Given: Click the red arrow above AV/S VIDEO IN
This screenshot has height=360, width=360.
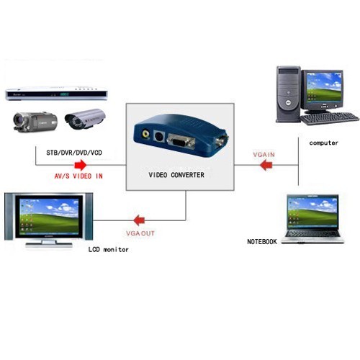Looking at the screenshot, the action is [x=81, y=165].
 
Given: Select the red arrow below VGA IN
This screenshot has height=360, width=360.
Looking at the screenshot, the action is [x=266, y=166].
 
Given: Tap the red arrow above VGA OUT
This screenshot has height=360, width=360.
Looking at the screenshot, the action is [x=139, y=220].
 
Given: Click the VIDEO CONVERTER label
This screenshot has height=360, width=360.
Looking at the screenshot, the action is [x=176, y=175].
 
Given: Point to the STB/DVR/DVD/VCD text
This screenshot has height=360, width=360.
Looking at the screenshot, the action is [x=74, y=153].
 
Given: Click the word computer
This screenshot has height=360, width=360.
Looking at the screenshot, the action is [x=323, y=143].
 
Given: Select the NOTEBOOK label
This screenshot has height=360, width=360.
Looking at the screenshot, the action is [x=262, y=241].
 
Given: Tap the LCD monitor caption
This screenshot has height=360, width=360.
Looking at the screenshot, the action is [x=109, y=250].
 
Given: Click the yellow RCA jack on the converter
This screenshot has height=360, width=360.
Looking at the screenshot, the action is [x=145, y=133].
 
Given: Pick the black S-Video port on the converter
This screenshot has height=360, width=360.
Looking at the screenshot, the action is [x=158, y=137].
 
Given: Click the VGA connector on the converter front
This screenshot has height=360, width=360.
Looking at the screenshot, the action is [x=181, y=141].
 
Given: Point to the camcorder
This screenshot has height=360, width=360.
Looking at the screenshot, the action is [x=35, y=121].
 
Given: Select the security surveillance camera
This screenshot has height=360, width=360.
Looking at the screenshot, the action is [x=85, y=119].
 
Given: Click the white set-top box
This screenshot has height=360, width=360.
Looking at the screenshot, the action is [x=56, y=94].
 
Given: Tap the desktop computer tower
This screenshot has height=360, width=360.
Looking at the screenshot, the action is [x=288, y=94].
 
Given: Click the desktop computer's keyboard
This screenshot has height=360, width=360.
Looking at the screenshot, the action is [x=330, y=118].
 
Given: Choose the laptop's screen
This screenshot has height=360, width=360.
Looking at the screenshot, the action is [x=312, y=212].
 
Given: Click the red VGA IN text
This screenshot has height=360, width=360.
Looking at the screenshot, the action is [x=264, y=155].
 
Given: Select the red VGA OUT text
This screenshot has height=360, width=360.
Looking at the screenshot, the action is [x=140, y=233].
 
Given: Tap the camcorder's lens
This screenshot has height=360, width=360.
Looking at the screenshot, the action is [x=19, y=120].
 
